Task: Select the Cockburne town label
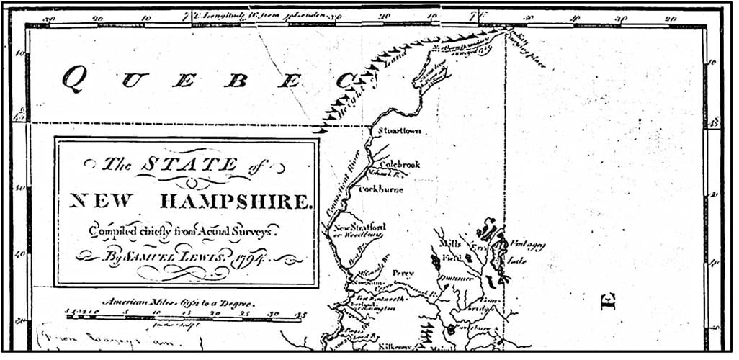(x=381, y=190)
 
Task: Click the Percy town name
(x=401, y=274)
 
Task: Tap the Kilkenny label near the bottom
(x=393, y=346)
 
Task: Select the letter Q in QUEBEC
(x=71, y=78)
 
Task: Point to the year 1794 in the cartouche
(x=252, y=258)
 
